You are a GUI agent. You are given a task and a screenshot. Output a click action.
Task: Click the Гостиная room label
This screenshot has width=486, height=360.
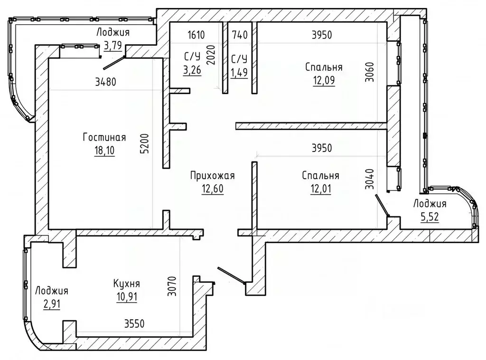tap(104, 137)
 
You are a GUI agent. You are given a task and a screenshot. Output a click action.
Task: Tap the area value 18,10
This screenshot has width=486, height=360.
tap(104, 151)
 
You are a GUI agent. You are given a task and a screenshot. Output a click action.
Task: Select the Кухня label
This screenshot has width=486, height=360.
tap(126, 284)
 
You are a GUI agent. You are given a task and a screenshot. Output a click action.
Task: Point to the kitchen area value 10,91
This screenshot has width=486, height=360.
tap(127, 297)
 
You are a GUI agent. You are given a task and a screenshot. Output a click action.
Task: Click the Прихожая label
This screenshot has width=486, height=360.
tap(212, 176)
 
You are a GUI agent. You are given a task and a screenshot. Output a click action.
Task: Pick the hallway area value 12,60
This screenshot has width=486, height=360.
tap(213, 189)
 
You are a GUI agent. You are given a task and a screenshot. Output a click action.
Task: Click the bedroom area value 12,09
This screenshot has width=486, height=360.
tap(324, 80)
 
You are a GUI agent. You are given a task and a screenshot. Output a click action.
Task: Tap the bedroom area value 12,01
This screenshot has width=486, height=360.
tap(321, 189)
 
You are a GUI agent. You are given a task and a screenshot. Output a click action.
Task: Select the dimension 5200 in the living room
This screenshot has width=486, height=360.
tap(145, 143)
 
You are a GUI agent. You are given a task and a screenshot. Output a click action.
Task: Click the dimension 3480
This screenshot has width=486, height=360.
tap(106, 82)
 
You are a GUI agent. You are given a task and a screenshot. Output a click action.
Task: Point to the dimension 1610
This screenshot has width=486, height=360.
tap(196, 35)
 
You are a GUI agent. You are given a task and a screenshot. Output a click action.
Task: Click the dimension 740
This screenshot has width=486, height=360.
tap(240, 35)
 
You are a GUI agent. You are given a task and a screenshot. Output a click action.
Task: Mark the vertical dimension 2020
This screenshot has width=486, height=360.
tap(211, 55)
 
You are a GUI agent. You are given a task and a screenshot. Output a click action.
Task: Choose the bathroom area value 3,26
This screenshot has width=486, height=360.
tap(192, 70)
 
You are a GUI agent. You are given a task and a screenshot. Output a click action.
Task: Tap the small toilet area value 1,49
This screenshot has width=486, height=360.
tap(239, 72)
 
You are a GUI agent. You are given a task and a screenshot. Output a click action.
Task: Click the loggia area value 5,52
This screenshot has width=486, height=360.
tap(430, 217)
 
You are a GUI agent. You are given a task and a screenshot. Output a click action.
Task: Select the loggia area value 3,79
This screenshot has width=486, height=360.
tap(113, 46)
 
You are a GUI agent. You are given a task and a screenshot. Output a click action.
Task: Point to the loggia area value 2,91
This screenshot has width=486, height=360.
tap(52, 304)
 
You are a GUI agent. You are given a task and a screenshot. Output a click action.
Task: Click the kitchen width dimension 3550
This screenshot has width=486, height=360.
tap(134, 324)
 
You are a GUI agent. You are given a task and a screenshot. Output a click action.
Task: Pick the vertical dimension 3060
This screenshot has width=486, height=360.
tap(369, 72)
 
